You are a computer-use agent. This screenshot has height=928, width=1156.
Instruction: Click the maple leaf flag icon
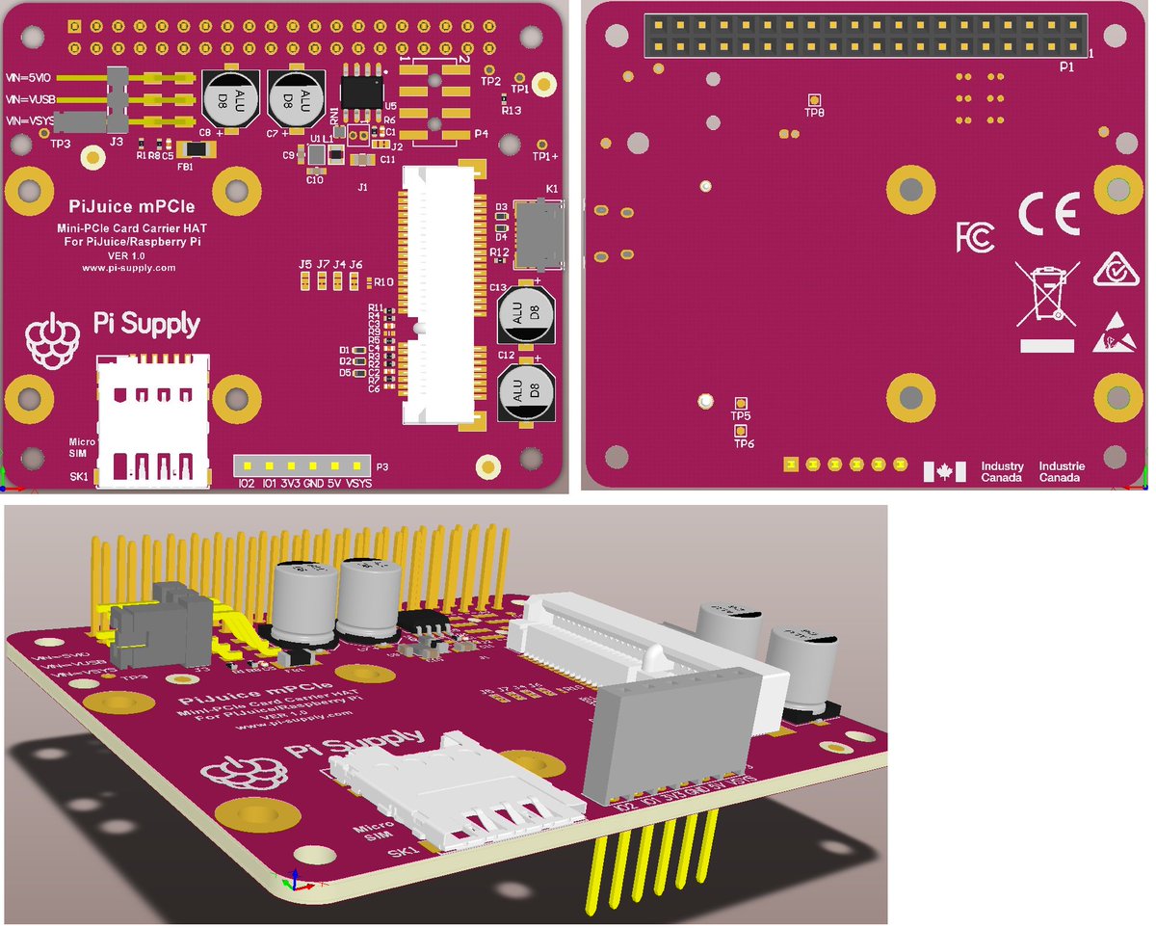click(944, 472)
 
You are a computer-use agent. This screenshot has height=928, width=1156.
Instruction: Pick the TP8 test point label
click(814, 113)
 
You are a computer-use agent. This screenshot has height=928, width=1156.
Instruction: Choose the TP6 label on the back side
click(744, 443)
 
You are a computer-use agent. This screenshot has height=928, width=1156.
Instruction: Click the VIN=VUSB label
click(28, 99)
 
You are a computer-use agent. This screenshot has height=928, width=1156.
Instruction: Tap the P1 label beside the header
click(1065, 66)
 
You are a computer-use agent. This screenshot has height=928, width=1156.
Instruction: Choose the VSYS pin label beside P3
click(358, 483)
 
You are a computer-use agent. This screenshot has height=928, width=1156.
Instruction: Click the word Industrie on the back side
click(1061, 466)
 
